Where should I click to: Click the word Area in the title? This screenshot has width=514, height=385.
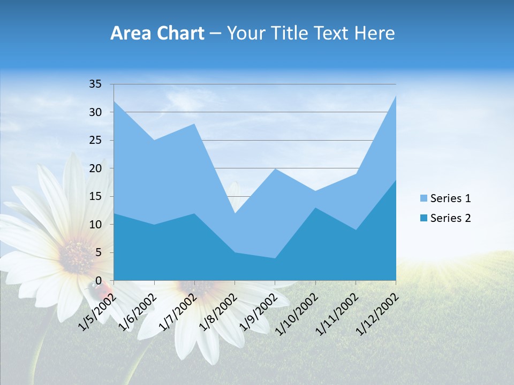coord(130,34)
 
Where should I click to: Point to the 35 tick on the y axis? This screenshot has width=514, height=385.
coord(95,84)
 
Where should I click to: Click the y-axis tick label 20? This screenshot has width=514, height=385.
coord(95,168)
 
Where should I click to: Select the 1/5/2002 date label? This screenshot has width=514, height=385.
coord(97,311)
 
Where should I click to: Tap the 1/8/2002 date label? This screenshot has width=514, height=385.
coord(218,311)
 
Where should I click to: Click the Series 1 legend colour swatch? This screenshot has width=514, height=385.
coord(424,199)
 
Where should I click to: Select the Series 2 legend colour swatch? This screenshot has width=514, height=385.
coord(424,218)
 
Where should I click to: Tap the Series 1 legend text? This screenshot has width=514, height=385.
coord(450,198)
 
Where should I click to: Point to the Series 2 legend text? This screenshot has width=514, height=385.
coord(450,218)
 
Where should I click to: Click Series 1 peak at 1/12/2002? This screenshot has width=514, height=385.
coord(396,96)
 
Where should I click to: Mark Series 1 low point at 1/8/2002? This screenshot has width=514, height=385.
coord(235,213)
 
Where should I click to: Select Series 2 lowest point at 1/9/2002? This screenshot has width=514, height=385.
coord(275,258)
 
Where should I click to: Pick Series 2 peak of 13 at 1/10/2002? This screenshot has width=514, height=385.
coord(315,207)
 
